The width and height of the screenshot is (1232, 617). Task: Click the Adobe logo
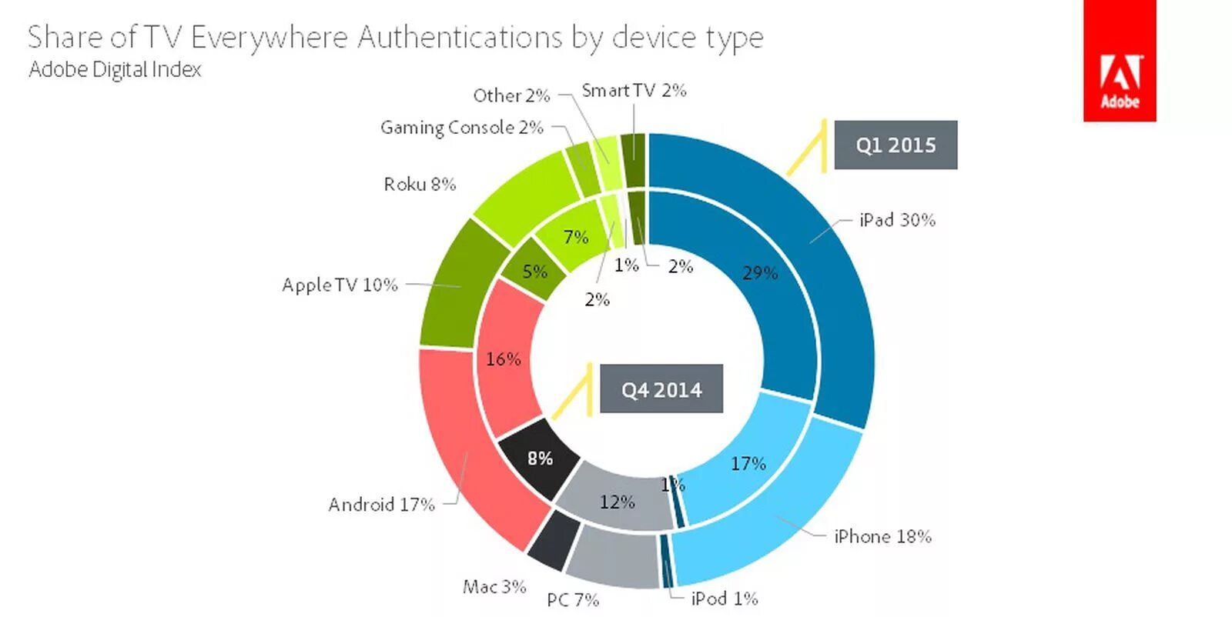pos(1119,61)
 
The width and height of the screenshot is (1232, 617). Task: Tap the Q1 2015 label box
pos(896,145)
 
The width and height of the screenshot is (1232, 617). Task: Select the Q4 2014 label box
pos(661,389)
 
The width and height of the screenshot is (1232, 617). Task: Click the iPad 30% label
pos(897,220)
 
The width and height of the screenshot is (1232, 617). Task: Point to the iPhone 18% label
pos(882,536)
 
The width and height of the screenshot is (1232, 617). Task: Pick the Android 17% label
pos(381,505)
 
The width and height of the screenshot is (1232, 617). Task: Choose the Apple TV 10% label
pos(340,285)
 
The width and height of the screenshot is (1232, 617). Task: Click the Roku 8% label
pos(420,185)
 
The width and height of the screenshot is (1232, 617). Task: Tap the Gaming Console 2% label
pos(462,127)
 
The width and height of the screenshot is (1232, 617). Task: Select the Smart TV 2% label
pos(634,91)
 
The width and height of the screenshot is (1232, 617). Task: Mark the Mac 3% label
pos(494,587)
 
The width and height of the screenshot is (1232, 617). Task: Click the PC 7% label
pos(573,599)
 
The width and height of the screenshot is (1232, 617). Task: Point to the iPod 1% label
pos(725,599)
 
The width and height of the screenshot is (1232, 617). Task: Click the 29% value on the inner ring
pos(760,273)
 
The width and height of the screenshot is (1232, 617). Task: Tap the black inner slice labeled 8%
pos(540,459)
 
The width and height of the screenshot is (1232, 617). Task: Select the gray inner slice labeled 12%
pos(617,502)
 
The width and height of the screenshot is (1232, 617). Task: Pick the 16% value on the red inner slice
pos(504,359)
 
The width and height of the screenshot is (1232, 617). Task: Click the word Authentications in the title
pos(460,37)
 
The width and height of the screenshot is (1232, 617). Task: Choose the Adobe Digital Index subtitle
pos(115,69)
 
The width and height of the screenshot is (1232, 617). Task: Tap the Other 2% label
pos(511,95)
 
